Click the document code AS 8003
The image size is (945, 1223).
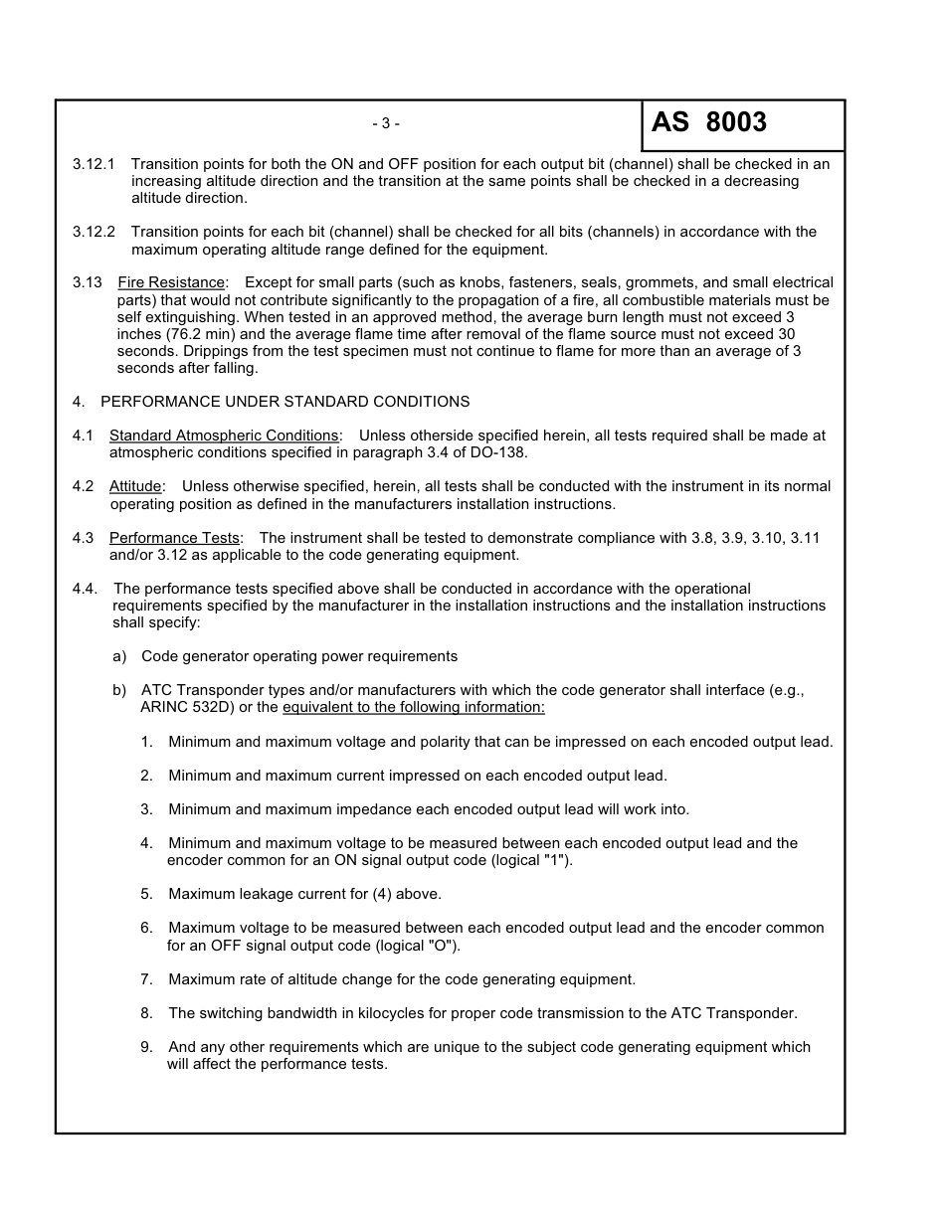pos(709,122)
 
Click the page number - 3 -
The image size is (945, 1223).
pos(386,124)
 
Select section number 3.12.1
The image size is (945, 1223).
pos(94,163)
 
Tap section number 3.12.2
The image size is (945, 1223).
pos(94,232)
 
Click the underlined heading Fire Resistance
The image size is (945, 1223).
pos(171,283)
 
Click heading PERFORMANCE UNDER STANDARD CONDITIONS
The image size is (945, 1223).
pos(284,402)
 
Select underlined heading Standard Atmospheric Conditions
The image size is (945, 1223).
pos(224,436)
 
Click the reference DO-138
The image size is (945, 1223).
pos(496,452)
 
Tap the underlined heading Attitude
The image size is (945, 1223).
pos(135,486)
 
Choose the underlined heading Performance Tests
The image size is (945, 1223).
pos(174,538)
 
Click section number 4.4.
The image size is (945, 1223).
pos(85,589)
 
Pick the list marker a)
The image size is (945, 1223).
pos(119,656)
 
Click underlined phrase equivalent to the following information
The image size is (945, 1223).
pos(414,707)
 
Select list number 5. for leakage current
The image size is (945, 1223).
pos(146,894)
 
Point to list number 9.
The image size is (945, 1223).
pos(146,1047)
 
